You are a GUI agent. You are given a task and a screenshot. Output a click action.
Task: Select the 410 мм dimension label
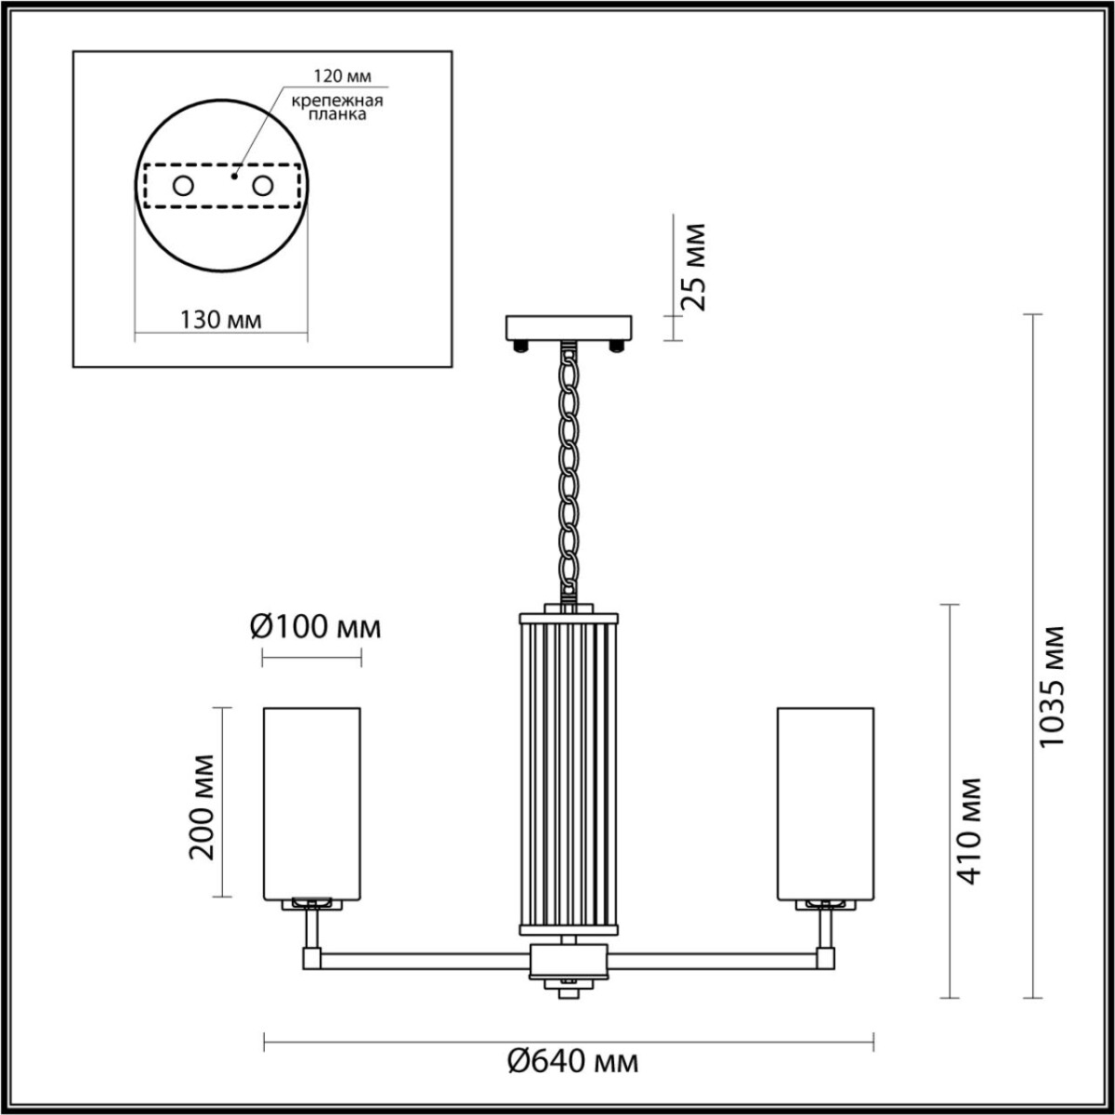coord(967,830)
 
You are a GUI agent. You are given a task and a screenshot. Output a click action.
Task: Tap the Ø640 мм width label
coord(573,1061)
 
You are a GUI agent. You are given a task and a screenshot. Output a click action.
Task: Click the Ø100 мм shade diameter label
coord(315,627)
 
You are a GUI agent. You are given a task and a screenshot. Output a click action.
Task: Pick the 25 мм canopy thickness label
coord(693,267)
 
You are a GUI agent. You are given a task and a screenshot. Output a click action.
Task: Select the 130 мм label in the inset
coord(220,320)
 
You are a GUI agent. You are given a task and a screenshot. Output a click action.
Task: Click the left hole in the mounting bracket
coord(182,187)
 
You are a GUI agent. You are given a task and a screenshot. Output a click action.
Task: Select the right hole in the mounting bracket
coord(264,187)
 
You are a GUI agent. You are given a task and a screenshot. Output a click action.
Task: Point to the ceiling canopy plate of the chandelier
coord(568,327)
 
